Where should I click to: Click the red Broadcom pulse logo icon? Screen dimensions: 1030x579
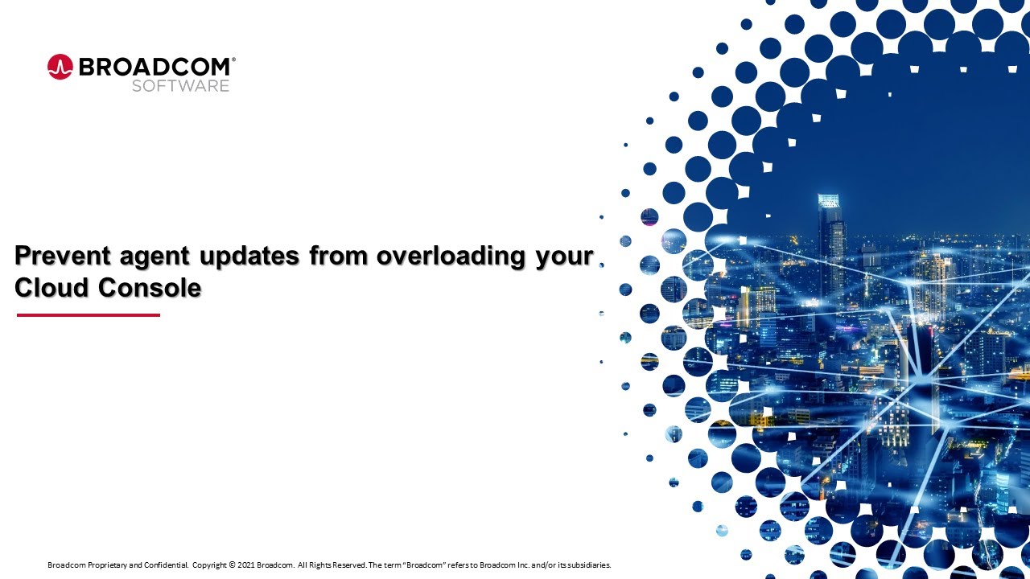(x=60, y=67)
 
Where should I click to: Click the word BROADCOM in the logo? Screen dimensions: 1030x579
(x=154, y=67)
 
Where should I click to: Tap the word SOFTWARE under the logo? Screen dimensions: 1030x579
(x=181, y=86)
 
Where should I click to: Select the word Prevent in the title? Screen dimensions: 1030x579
(x=63, y=256)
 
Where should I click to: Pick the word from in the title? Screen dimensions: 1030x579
(x=339, y=256)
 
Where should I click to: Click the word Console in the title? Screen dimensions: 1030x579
(x=150, y=288)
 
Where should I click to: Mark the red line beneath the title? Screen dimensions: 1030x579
(x=89, y=315)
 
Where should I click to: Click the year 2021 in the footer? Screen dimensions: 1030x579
(x=246, y=565)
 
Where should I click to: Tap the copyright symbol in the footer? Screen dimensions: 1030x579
(x=233, y=565)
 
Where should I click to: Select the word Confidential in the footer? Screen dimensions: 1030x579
(x=166, y=565)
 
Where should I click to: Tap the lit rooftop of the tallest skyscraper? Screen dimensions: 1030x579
(x=829, y=200)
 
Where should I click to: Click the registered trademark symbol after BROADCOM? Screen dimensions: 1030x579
(x=233, y=60)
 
